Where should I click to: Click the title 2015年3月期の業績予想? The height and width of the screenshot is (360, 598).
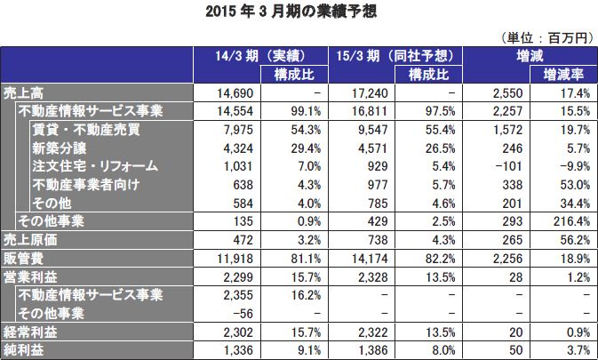(x=299, y=12)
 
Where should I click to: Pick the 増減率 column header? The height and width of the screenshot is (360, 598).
(x=561, y=75)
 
